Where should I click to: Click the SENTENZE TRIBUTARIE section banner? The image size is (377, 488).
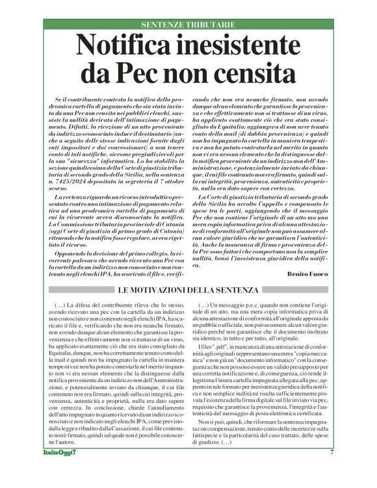coord(188,25)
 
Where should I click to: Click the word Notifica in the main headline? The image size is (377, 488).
coord(126,46)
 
